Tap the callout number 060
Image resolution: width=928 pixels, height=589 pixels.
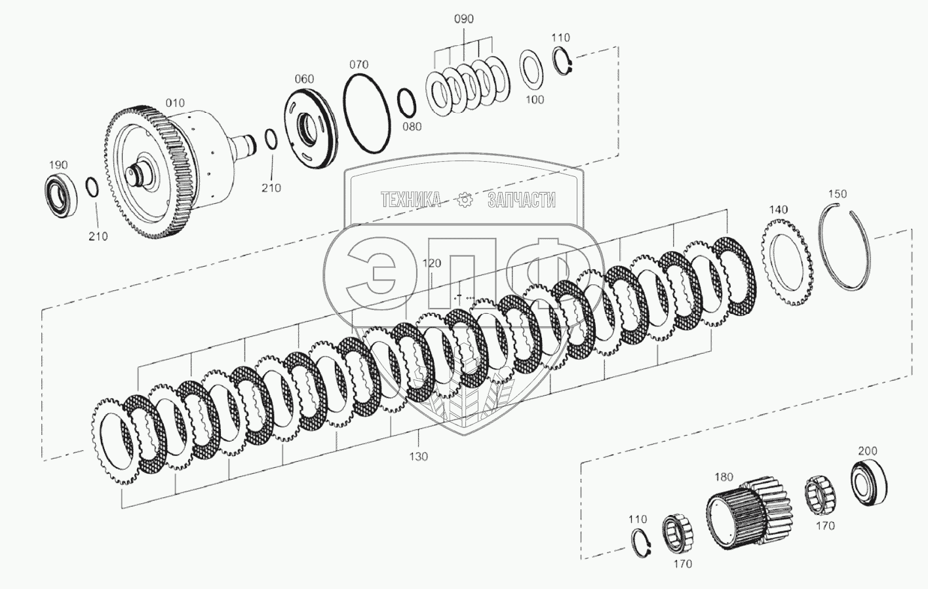[x=304, y=79]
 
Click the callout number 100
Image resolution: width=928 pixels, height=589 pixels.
[x=534, y=100]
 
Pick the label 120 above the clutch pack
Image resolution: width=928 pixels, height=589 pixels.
[x=431, y=263]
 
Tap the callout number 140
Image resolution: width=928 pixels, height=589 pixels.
[x=778, y=210]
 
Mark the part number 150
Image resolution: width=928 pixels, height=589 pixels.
[x=838, y=194]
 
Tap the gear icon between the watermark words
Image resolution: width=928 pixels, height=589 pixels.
[x=465, y=200]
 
